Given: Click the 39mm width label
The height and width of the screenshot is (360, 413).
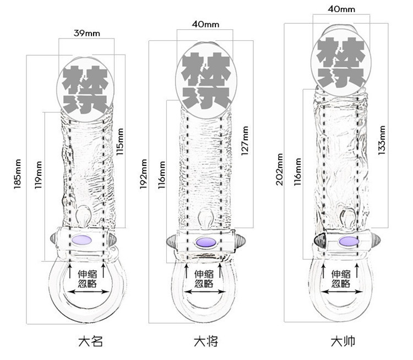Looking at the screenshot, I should (87, 33).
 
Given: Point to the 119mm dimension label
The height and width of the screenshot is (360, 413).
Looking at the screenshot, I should (39, 175).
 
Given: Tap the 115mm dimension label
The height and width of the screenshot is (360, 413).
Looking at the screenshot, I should (121, 142).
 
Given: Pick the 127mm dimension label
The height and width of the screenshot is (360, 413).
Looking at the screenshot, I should (244, 142).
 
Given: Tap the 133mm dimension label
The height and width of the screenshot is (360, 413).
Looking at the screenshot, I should (381, 141).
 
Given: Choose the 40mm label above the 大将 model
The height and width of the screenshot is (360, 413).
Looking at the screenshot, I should (205, 24).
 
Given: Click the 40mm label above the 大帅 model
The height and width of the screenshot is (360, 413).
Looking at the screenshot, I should (341, 9).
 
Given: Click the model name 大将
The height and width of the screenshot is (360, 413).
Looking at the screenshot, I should (206, 341).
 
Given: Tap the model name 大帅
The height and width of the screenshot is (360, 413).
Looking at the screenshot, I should (343, 341).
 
